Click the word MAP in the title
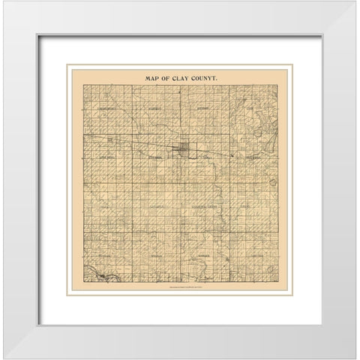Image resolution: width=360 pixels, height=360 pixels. pyautogui.click(x=148, y=76)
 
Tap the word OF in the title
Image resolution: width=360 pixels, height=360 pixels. pyautogui.click(x=166, y=76)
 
